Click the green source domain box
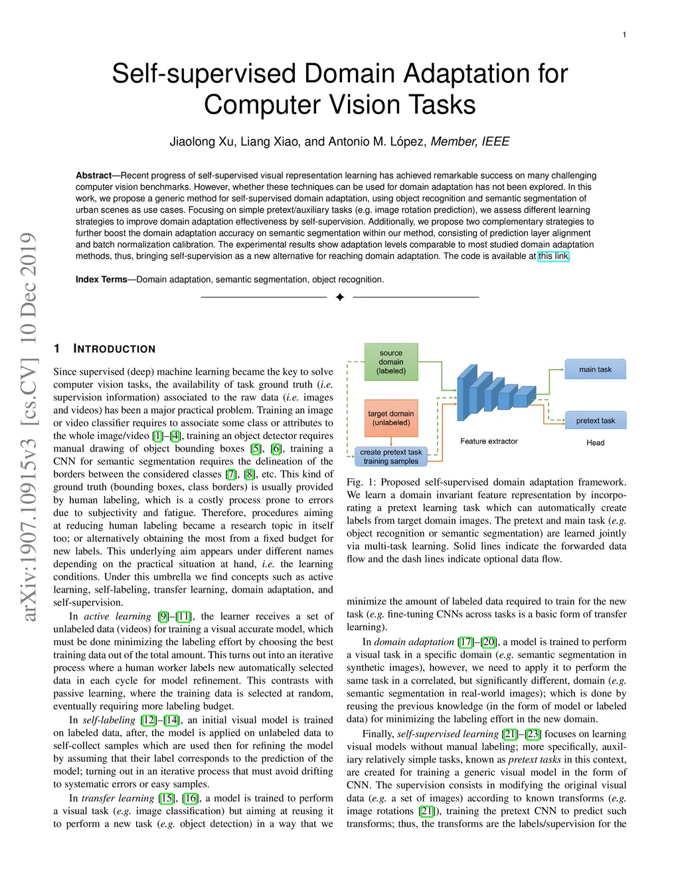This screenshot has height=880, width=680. point(391,362)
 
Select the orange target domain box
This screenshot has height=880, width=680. point(391,418)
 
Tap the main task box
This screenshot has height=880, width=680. point(595,369)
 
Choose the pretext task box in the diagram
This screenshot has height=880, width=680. point(595,420)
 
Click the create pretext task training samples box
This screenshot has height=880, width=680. point(390,456)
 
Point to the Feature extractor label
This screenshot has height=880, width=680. point(489,441)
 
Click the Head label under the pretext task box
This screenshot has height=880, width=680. point(595,443)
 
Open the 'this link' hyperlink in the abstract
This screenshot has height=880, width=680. point(553,256)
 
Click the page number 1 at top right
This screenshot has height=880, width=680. point(624,35)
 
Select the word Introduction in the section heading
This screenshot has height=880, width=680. point(114,349)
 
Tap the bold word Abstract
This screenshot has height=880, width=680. point(94,175)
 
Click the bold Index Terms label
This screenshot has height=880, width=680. point(101,280)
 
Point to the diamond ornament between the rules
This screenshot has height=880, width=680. point(340,297)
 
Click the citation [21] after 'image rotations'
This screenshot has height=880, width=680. point(426,811)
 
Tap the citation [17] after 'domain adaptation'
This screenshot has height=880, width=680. point(466,642)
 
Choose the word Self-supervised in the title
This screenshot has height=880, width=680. point(203,74)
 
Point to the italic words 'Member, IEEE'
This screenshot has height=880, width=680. point(470,141)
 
